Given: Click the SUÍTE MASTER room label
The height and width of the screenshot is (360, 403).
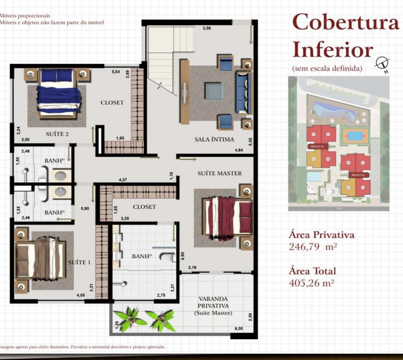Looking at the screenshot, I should coord(219,173).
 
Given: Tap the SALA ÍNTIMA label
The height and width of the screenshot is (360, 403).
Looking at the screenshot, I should coord(214,139).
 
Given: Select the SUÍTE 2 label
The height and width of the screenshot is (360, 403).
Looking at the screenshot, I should coord(57,133).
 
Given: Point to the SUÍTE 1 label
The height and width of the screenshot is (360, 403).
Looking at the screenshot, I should coord(79,262).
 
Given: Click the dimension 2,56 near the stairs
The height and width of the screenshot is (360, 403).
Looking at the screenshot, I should coord(206,29).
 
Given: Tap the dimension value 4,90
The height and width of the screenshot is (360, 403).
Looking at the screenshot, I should coord(183,256).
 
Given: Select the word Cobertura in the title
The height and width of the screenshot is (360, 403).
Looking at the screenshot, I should coord(345,22).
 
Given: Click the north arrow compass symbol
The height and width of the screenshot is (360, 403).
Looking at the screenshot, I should coord(382,64).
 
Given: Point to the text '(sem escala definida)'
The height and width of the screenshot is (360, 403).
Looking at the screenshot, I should coord(326,69).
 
